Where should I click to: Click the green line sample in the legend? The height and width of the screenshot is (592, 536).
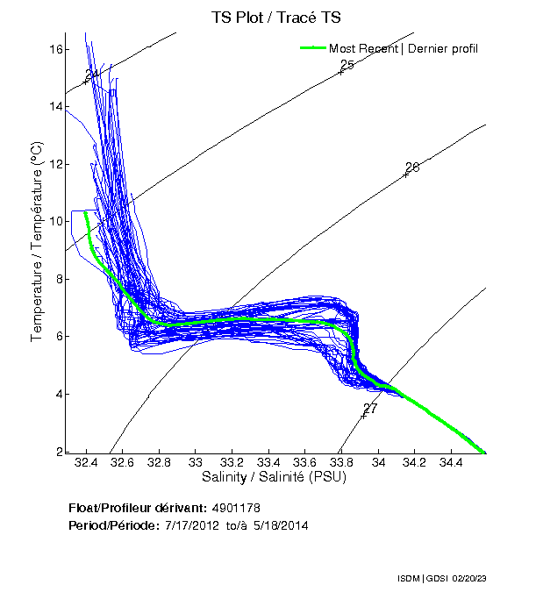313,48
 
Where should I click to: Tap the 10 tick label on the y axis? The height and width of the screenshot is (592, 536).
56,221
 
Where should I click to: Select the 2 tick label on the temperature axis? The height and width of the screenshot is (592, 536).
60,451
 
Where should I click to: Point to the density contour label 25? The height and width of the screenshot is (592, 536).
347,65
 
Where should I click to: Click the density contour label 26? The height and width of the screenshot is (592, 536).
412,167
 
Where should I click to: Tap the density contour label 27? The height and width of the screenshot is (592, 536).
369,409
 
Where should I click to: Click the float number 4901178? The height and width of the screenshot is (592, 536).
236,508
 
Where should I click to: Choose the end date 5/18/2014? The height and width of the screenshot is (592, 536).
279,525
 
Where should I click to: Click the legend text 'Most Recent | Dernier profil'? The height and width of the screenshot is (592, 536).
404,48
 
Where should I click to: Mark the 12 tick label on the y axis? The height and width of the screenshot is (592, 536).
56,164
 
